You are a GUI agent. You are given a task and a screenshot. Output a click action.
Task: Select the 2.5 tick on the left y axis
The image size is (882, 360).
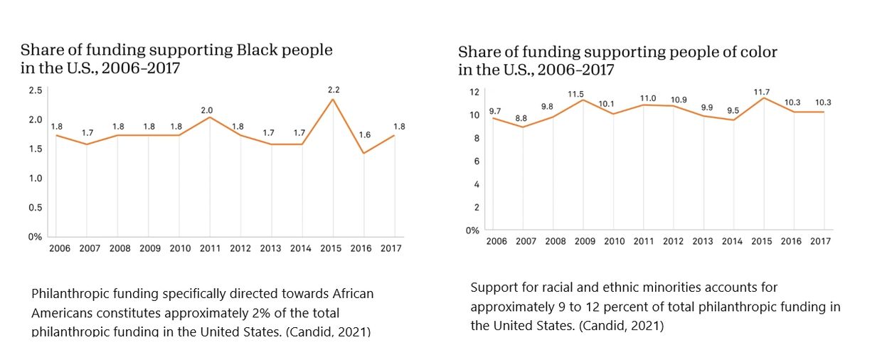(x=35, y=90)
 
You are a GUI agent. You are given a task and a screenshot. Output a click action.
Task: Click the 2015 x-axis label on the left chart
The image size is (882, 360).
(x=332, y=249)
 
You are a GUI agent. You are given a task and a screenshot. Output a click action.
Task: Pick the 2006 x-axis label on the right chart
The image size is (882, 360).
(x=496, y=242)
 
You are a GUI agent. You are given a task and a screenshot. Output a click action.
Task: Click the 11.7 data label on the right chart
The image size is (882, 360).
(x=763, y=92)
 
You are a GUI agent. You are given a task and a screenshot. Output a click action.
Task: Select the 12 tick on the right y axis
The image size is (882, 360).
(x=474, y=92)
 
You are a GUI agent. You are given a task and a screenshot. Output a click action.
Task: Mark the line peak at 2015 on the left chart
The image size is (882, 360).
(x=332, y=99)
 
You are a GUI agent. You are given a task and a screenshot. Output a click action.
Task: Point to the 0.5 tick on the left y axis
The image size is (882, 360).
(x=35, y=208)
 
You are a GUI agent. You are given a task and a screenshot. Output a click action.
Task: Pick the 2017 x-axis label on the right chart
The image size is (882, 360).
(x=822, y=242)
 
